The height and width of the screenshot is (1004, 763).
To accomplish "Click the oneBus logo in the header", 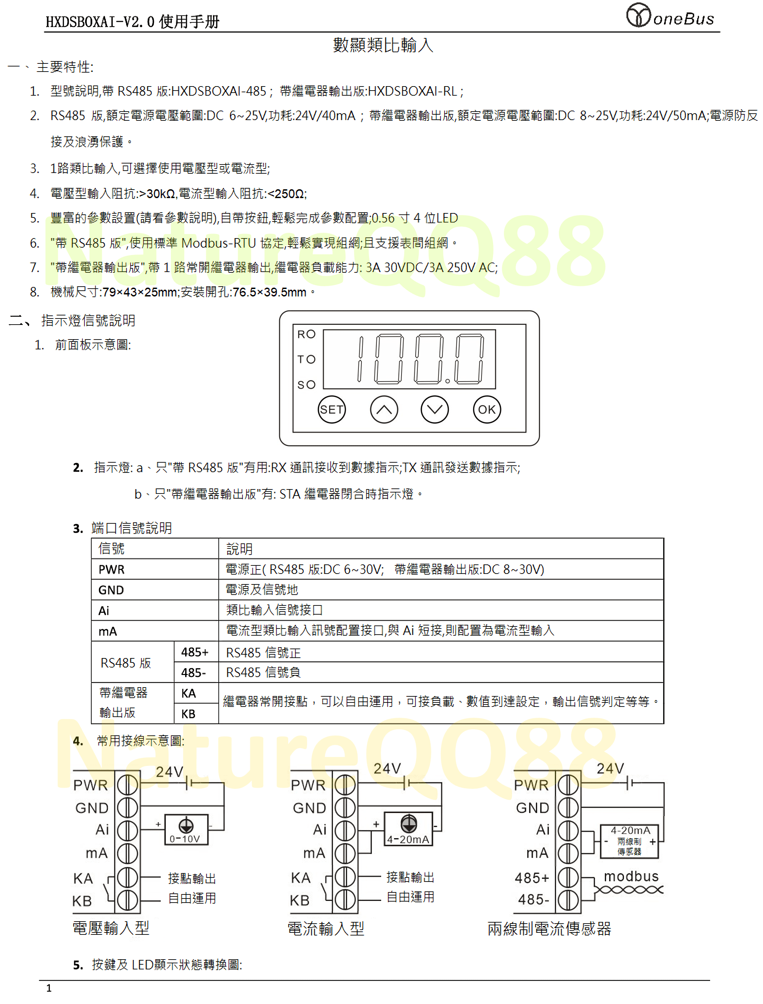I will coord(670,16).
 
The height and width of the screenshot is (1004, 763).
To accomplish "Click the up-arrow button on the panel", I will coord(384,409).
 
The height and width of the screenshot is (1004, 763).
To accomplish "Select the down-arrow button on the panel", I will coord(435,409).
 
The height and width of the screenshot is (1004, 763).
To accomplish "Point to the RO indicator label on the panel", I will coord(306,334).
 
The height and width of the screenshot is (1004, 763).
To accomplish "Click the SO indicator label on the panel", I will coord(306,385).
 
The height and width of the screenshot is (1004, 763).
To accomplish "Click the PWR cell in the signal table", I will coord(111,569).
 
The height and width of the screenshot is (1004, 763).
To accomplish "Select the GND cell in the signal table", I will coord(111,590).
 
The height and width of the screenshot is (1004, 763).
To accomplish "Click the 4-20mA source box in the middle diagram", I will coord(408,829).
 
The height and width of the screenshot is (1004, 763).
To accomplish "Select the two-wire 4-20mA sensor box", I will coord(629,842).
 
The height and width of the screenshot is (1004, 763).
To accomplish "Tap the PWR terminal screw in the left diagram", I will coord(128,784).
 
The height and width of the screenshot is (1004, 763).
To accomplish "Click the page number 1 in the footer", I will coord(49,988).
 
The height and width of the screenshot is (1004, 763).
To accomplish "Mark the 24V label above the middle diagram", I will coord(387,768).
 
